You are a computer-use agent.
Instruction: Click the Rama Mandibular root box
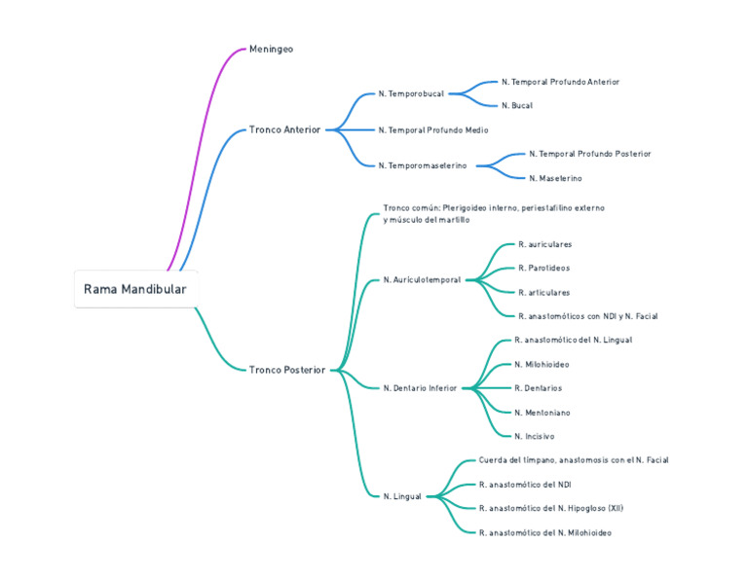(x=136, y=289)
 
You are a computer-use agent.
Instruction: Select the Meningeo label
(x=271, y=49)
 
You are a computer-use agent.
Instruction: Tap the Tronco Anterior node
(x=284, y=129)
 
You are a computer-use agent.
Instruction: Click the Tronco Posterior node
(x=287, y=370)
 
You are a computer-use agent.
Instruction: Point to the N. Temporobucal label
(x=411, y=93)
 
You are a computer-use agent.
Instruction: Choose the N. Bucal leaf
(x=517, y=106)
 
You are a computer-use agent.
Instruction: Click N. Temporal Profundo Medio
(x=433, y=130)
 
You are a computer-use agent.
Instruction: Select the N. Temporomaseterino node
(x=423, y=165)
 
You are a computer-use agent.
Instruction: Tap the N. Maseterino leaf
(x=555, y=178)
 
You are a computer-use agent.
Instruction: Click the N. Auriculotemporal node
(x=422, y=279)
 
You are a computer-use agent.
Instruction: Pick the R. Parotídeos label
(x=544, y=268)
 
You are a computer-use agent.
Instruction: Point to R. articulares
(x=544, y=293)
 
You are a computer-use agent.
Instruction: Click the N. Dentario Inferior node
(x=421, y=388)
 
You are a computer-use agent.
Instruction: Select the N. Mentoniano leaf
(x=542, y=413)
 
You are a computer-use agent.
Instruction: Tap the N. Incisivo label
(x=535, y=437)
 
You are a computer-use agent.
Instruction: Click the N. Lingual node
(x=402, y=496)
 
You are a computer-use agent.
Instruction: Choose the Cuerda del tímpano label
(x=516, y=460)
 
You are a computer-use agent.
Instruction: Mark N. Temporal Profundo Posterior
(x=590, y=154)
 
